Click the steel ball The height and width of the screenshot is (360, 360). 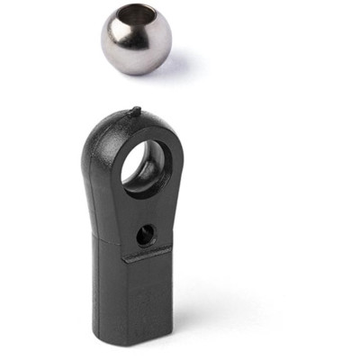pos(135,40)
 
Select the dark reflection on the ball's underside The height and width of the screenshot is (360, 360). pos(135,63)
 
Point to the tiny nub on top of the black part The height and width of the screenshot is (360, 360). pos(135,112)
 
